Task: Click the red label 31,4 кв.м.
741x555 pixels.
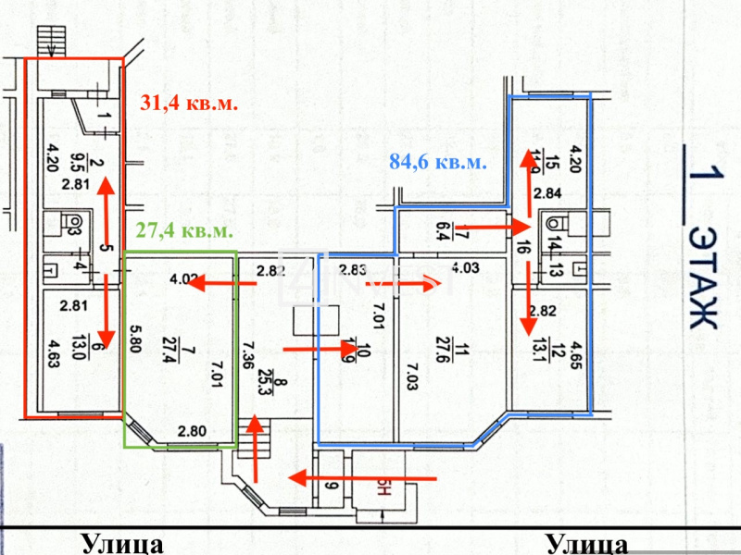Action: pyautogui.click(x=189, y=104)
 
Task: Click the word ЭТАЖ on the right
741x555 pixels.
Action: pyautogui.click(x=705, y=277)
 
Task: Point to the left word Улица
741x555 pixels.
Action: pyautogui.click(x=122, y=543)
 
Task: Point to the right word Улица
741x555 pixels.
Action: pyautogui.click(x=587, y=543)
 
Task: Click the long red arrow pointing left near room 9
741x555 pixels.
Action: pyautogui.click(x=362, y=478)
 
